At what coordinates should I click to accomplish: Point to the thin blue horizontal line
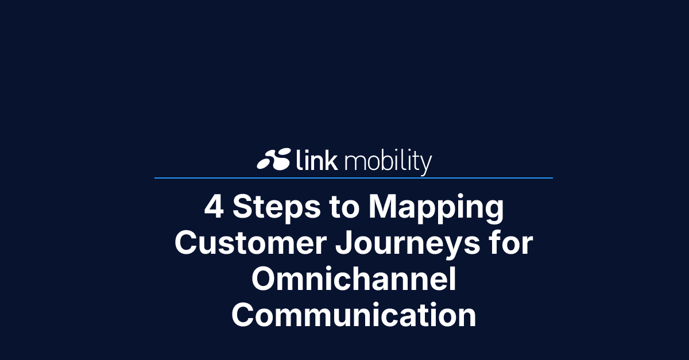pos(353,178)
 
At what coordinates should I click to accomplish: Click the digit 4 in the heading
pos(214,207)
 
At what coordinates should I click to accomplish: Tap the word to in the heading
pos(343,208)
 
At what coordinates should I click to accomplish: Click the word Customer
pos(250,244)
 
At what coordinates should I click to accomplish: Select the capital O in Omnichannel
pos(265,280)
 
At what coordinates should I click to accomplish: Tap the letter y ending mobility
pos(425,164)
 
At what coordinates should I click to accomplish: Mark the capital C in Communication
pos(243,315)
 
